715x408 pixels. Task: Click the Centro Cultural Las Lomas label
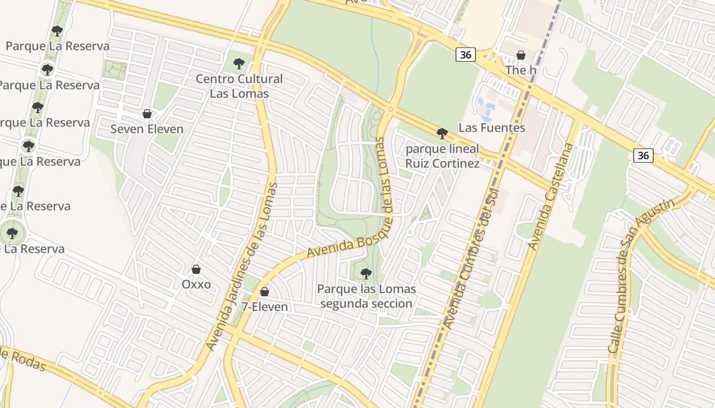click(239, 86)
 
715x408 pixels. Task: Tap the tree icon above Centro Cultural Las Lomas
click(239, 64)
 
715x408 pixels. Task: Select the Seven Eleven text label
click(147, 129)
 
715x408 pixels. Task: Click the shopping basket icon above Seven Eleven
click(147, 113)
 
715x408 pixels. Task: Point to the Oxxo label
click(196, 284)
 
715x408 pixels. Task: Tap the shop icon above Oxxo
click(196, 269)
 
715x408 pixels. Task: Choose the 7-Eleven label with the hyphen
click(265, 307)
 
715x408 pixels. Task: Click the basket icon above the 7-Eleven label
click(265, 292)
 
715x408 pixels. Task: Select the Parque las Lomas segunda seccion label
click(366, 296)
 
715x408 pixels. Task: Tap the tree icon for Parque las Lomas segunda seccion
click(366, 273)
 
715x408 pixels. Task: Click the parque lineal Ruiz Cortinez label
click(442, 156)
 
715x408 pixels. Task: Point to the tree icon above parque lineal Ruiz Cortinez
click(442, 134)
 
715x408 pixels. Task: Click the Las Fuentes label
click(492, 127)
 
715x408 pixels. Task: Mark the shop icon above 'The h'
click(521, 55)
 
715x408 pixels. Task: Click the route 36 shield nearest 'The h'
click(466, 55)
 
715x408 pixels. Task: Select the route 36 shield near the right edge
click(643, 155)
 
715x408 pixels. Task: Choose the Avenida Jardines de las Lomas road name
click(242, 266)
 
